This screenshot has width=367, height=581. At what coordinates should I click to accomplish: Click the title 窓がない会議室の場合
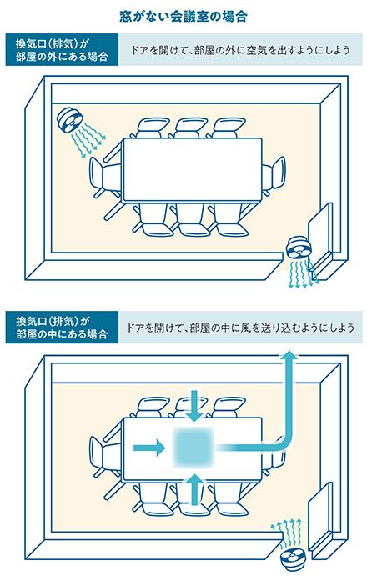point(183,17)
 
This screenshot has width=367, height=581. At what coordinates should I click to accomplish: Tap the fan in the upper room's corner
point(69,119)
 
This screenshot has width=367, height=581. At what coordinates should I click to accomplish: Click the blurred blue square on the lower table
point(193,448)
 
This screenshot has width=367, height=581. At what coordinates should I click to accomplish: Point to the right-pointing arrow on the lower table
point(149,448)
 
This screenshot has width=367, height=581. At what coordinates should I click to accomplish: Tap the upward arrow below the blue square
point(194,489)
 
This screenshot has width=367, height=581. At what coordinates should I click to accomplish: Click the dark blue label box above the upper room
point(62,50)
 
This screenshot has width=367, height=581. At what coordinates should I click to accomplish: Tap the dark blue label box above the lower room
point(62,328)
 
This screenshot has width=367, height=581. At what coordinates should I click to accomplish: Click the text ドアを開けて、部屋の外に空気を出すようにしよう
point(241,50)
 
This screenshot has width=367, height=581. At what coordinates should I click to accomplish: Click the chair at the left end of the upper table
point(104,178)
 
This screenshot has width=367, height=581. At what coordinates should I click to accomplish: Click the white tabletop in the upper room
point(193,170)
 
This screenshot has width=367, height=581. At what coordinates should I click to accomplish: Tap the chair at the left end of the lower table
point(104,458)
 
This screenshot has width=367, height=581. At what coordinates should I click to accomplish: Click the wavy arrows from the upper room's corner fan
point(88,140)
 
